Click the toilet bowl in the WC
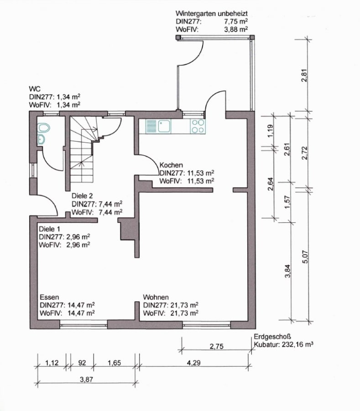(x=43, y=128)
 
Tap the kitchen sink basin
(x=164, y=126)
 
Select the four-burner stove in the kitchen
(x=198, y=126)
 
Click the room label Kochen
(x=171, y=165)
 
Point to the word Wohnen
(x=156, y=297)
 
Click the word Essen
(x=49, y=297)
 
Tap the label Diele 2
(x=82, y=196)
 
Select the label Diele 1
(x=49, y=229)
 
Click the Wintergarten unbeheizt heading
(x=212, y=13)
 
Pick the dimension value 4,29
(x=194, y=363)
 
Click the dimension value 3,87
(x=87, y=379)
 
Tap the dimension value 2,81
(x=304, y=75)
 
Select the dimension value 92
(x=82, y=363)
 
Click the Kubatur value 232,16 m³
(x=297, y=344)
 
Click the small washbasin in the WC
(x=41, y=139)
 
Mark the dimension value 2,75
(x=217, y=346)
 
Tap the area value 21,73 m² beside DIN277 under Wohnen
(x=184, y=305)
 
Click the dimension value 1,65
(x=115, y=363)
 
